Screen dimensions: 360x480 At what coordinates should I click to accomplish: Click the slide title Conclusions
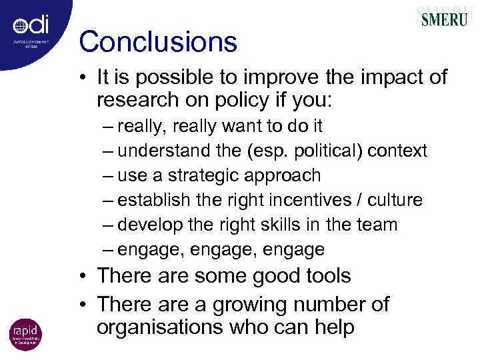(x=158, y=42)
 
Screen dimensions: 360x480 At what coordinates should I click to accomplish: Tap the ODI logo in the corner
(x=31, y=27)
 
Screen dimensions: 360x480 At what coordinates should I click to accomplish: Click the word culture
(x=393, y=200)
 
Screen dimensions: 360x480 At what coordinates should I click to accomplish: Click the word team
(x=375, y=225)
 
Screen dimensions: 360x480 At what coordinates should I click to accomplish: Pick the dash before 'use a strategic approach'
(x=109, y=176)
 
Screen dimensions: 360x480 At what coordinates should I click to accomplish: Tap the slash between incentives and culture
(x=357, y=200)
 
